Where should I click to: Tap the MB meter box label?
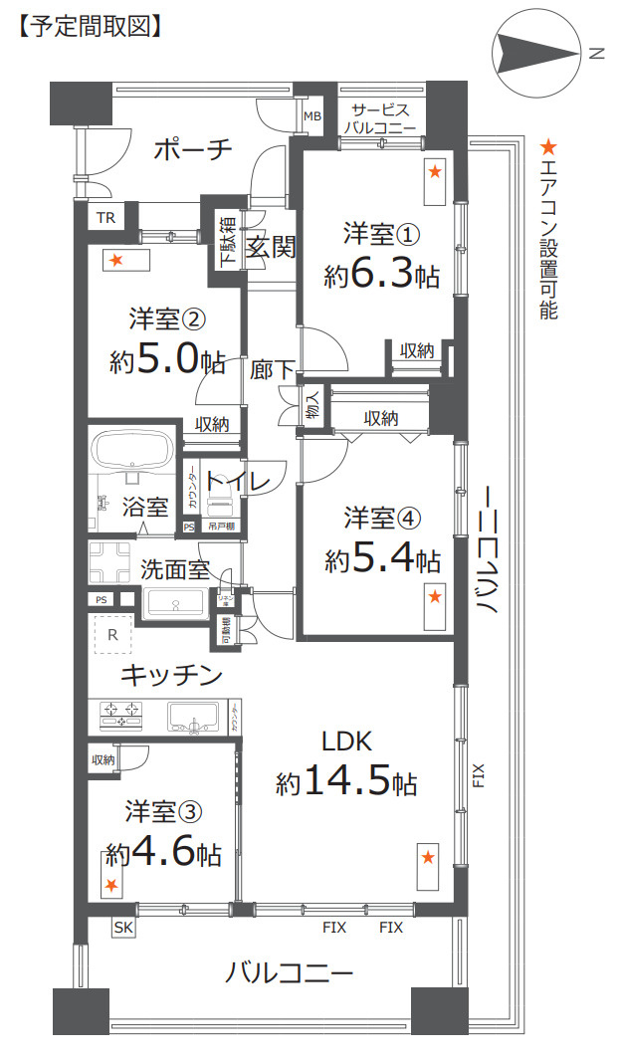pos(312,116)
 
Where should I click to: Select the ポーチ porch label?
pos(194,149)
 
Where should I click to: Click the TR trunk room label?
pos(105,218)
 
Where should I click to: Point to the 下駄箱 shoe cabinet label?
pos(227,240)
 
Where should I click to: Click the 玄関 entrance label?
pos(271,248)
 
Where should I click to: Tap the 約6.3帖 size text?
pos(382,276)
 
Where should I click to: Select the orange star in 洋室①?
pos(435,172)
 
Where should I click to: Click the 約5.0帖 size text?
pos(167,361)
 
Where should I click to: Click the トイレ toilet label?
pos(239,482)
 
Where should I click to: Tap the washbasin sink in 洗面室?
pos(176,603)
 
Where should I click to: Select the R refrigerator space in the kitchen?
pos(112,634)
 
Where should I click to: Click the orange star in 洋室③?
pos(111,885)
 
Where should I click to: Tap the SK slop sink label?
pos(122,928)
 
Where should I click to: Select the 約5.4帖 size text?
pos(382,559)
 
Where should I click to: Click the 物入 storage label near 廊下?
pos(312,405)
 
